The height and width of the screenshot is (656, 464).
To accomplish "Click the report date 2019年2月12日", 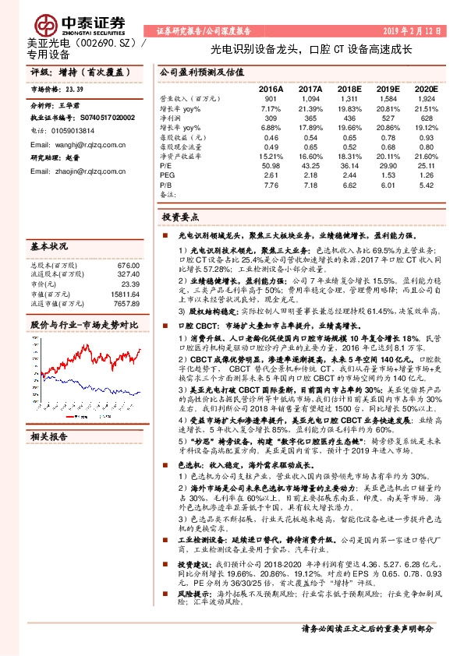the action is coord(413,31).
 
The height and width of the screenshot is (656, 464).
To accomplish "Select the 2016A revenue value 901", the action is coord(271,100).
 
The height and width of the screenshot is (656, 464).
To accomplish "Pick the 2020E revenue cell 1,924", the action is coord(427,100).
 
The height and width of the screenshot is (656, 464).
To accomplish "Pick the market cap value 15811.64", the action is coord(125,293).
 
